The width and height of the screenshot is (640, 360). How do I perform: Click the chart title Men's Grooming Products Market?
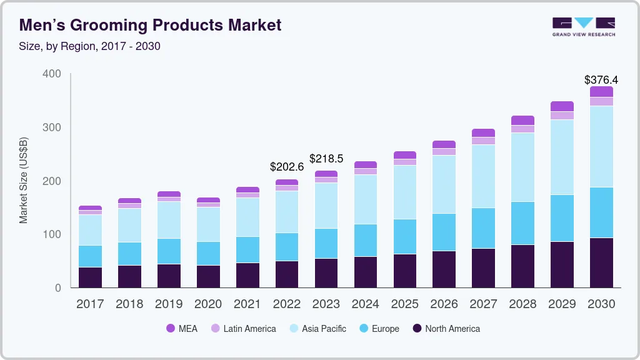tap(150, 25)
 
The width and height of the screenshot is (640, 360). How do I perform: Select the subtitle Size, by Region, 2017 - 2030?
tap(90, 46)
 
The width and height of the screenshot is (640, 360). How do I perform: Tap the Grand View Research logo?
tap(583, 26)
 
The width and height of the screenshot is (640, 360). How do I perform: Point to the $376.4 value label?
tap(601, 80)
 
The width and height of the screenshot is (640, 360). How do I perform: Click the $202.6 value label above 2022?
tap(287, 167)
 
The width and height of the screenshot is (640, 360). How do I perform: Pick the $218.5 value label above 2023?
tap(326, 159)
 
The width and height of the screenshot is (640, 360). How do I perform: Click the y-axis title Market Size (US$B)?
tap(24, 180)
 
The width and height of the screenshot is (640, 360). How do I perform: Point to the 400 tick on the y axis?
tap(52, 74)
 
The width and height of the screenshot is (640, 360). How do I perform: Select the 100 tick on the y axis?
tap(52, 234)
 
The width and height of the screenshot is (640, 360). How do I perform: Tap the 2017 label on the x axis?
tap(90, 304)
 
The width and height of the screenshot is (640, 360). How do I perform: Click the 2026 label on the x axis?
tap(444, 304)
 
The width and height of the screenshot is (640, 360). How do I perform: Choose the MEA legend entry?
tap(181, 329)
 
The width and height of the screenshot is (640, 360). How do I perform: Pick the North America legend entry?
tap(446, 329)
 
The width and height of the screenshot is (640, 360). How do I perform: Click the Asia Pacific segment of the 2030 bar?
tap(601, 146)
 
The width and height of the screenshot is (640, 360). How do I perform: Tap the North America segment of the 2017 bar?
tap(90, 277)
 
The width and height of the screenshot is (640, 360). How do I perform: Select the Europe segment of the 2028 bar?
tap(522, 223)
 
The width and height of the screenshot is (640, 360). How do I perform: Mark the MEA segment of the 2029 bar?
tap(561, 106)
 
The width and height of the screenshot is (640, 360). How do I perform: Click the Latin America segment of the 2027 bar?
tap(483, 141)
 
